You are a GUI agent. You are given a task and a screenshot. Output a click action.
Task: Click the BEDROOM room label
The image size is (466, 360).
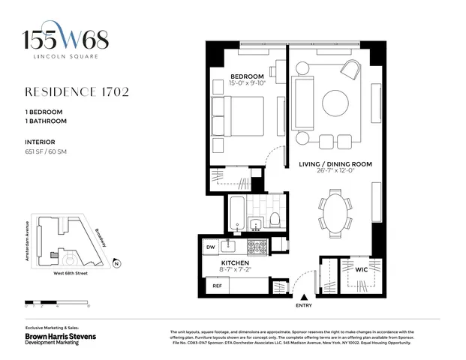point(247,76)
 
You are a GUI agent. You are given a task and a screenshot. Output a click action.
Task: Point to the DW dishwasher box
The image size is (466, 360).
point(210,246)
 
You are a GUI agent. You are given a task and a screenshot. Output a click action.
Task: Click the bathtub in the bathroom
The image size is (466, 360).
point(238,212)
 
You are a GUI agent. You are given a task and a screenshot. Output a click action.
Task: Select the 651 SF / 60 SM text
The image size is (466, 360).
point(47,152)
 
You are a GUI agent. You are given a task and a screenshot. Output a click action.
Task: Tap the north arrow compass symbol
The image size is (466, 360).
point(117,262)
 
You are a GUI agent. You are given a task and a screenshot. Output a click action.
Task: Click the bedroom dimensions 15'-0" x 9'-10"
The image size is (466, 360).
point(247,84)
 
